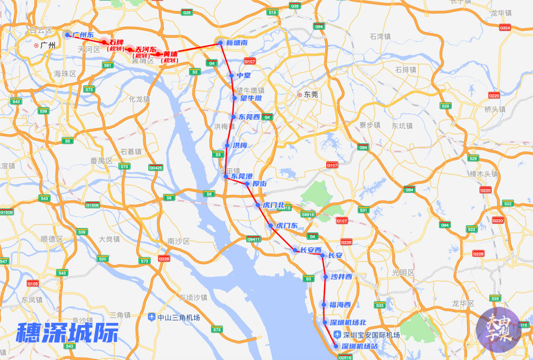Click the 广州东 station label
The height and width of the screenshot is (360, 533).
[83, 35]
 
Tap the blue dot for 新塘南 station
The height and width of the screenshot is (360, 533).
[220, 43]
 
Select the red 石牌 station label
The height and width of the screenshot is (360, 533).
[116, 42]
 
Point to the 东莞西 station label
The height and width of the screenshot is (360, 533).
[249, 117]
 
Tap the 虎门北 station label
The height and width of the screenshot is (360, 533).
[273, 205]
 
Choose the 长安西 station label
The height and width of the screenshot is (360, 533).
[311, 250]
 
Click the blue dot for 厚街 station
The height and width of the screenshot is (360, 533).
[247, 184]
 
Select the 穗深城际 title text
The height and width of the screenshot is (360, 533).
[67, 333]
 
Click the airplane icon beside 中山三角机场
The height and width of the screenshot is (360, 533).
[152, 317]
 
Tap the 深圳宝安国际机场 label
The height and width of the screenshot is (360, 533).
[372, 335]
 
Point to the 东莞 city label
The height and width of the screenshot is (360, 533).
[311, 94]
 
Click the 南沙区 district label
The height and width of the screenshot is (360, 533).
[178, 241]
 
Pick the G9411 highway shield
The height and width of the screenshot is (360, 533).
[253, 239]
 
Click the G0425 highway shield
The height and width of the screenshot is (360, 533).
[156, 168]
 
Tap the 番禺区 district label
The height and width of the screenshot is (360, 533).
[101, 160]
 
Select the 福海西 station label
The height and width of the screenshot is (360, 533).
[340, 305]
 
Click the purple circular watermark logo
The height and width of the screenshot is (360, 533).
[498, 330]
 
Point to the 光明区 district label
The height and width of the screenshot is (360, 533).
[403, 272]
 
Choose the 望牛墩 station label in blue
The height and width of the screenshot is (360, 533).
[251, 98]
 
